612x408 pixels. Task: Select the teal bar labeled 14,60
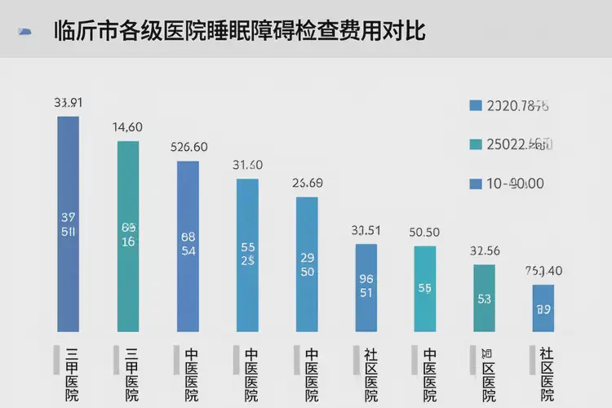pos(128,236)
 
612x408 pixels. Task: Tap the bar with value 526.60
pos(188,245)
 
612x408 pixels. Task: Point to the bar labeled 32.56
pos(485,297)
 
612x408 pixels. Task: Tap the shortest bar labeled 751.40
pos(543,308)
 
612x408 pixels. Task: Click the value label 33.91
pos(69,103)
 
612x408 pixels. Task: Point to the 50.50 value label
pos(425,232)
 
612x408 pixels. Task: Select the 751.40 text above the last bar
pos(543,271)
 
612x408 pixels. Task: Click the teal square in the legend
pos(476,145)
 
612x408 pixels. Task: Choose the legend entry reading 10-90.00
pos(516,184)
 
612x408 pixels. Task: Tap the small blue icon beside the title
pos(25,31)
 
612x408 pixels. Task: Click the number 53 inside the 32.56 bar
pos(484,299)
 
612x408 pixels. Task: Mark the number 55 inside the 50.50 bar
pos(425,288)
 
